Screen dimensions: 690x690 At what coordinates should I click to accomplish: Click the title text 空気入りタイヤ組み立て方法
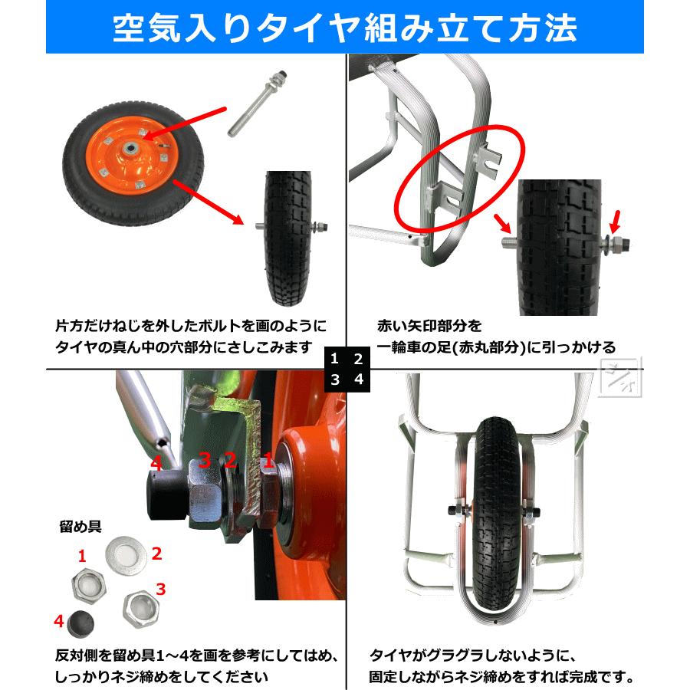344,28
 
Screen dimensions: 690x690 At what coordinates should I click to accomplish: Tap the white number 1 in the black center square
334,358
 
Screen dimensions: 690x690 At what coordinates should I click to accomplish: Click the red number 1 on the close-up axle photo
268,460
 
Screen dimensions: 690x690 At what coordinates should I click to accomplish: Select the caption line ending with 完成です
501,677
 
